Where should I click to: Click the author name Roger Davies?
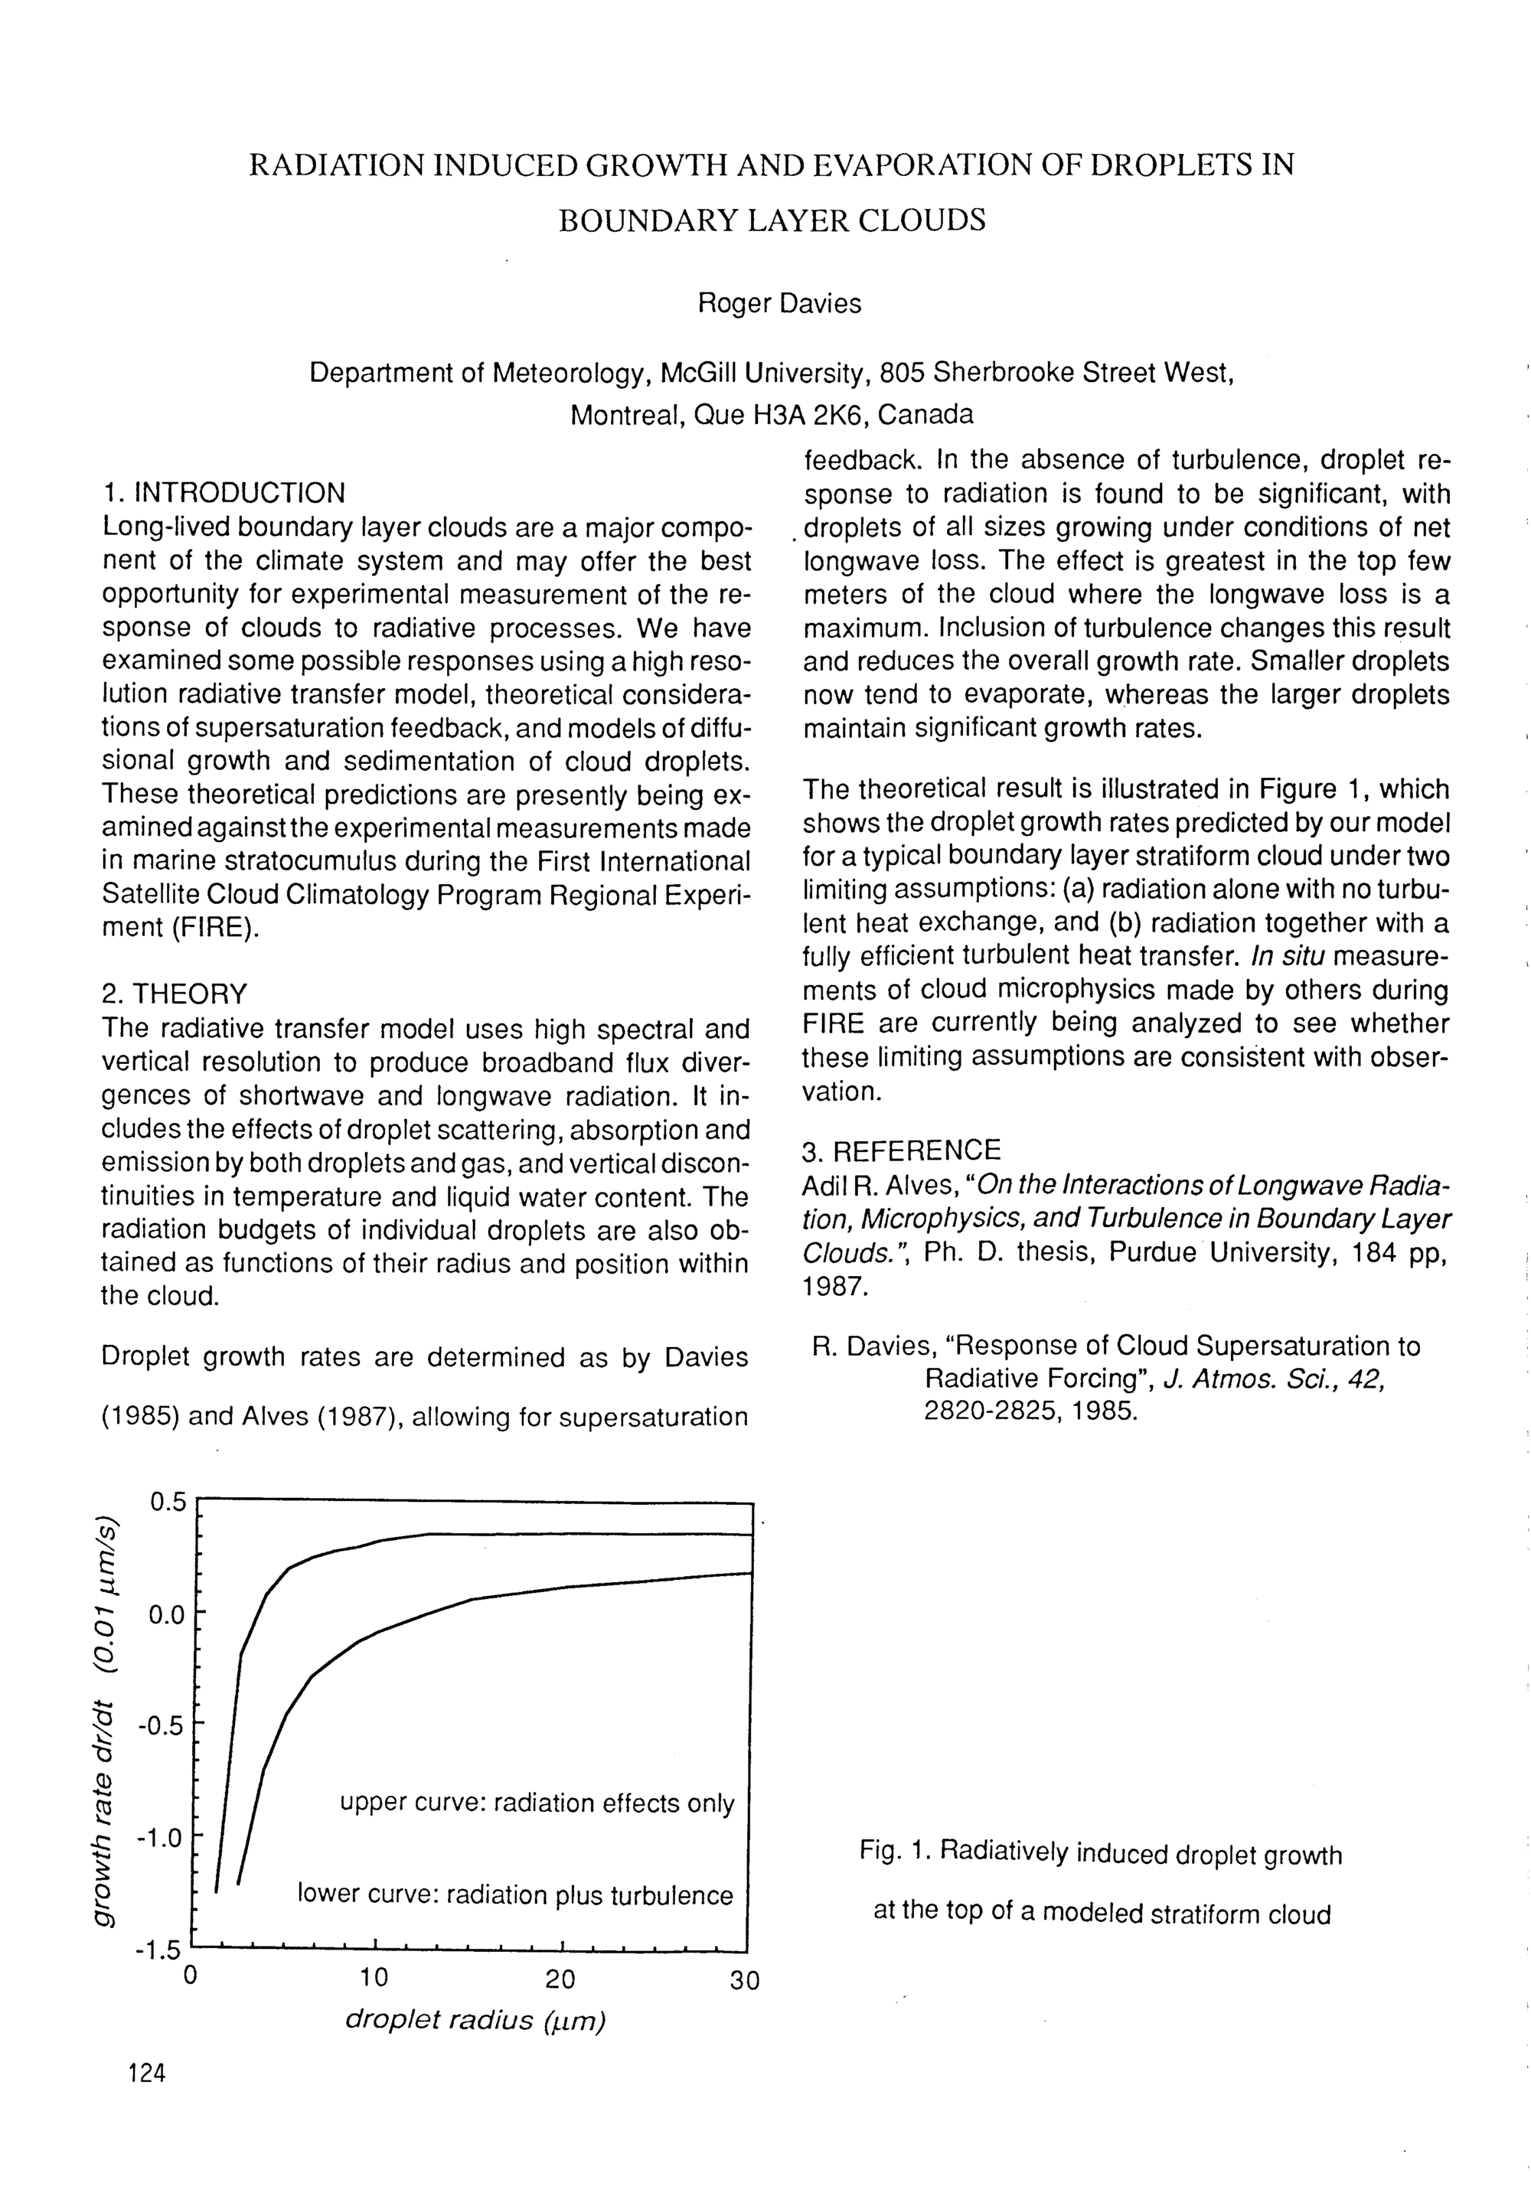(779, 304)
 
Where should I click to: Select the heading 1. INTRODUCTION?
(224, 494)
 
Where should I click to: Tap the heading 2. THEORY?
(174, 994)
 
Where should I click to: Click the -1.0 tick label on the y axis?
(158, 1838)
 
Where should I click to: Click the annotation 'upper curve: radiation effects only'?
(537, 1803)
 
